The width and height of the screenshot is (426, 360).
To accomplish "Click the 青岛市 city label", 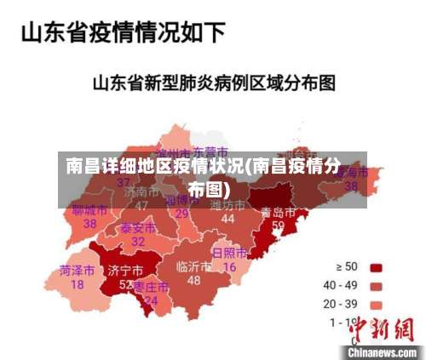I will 278,212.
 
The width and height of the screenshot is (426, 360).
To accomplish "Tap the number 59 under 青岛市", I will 278,226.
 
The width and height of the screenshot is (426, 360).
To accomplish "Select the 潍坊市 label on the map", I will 227,205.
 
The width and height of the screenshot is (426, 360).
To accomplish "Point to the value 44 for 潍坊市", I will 227,219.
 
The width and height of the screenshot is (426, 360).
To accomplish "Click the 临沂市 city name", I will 193,266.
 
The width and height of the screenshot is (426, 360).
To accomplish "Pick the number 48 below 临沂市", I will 194,280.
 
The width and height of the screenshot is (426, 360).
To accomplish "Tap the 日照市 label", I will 229,254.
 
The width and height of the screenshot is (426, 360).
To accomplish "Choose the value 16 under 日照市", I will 229,267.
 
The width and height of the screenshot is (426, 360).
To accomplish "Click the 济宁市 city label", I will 125,271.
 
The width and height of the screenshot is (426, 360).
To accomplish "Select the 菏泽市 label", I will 77,271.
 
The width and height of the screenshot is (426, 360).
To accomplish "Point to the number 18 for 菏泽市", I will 77,284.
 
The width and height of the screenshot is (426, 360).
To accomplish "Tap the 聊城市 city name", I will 89,209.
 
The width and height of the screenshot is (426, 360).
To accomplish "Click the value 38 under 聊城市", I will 89,223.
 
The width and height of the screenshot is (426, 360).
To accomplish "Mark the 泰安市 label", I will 137,228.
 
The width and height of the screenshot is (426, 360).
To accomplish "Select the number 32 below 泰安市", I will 137,242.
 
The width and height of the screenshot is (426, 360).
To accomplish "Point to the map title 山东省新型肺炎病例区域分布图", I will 213,83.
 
